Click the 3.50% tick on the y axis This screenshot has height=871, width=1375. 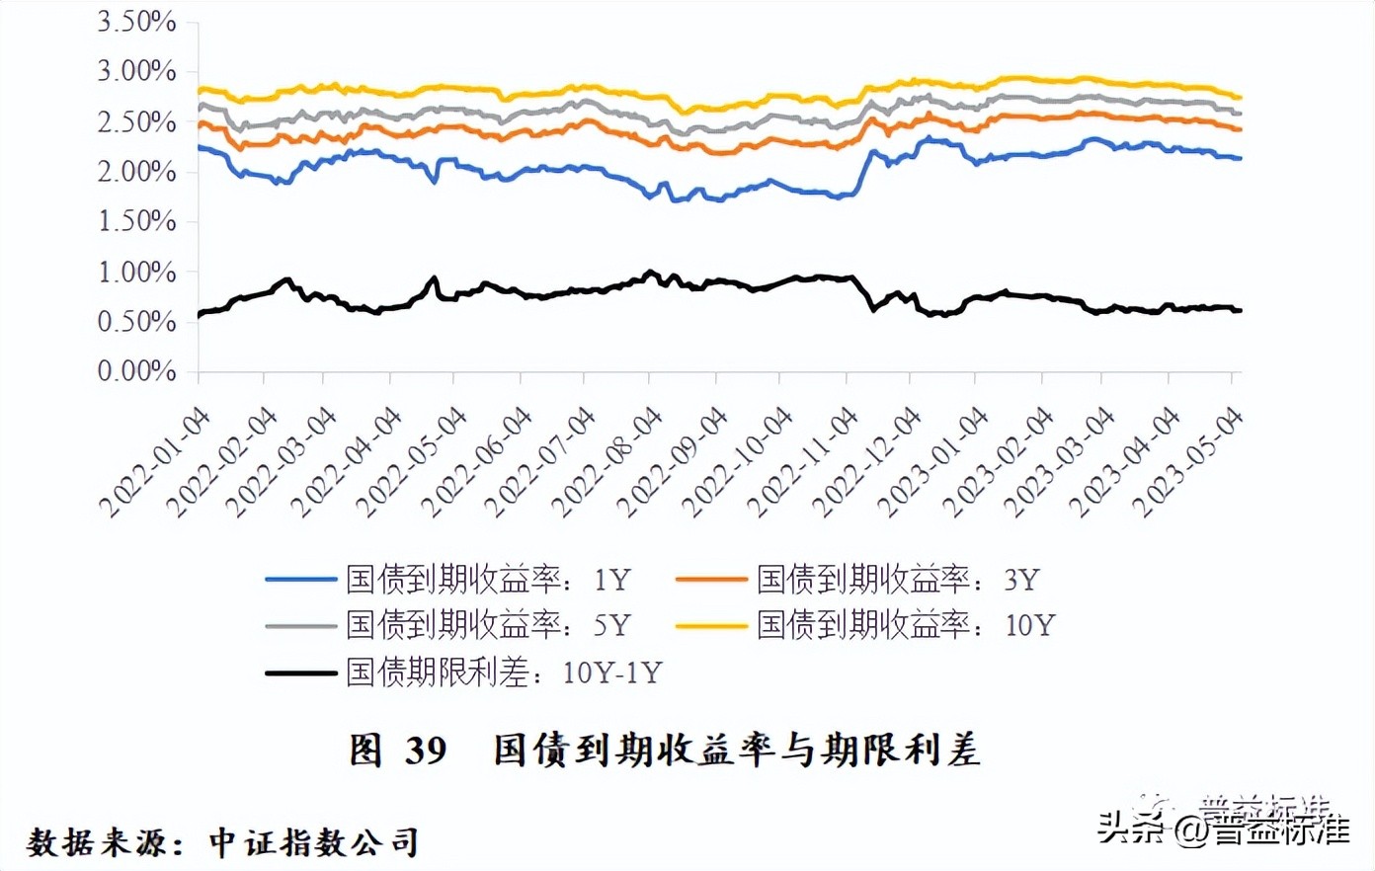136,22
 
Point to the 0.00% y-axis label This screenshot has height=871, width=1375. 136,371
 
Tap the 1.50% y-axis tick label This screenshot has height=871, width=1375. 136,221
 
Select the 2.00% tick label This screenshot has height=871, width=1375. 136,172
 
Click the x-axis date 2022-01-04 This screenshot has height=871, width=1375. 156,462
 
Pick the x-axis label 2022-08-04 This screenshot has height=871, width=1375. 607,462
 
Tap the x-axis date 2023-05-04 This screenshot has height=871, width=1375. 1188,462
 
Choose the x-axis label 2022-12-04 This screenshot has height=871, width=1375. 867,462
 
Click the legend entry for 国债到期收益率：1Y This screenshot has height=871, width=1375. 487,580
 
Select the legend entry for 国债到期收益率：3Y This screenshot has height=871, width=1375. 898,580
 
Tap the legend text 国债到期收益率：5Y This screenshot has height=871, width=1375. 487,625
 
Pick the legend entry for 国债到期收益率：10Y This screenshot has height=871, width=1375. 906,625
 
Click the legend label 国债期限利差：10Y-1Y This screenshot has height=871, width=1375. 503,673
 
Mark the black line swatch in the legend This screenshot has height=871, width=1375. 301,673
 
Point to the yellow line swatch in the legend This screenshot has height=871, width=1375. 711,626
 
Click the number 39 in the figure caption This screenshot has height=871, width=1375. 426,752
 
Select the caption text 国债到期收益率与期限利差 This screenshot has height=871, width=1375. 737,751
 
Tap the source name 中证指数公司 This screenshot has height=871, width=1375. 314,842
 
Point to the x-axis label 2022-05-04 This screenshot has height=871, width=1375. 412,462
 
